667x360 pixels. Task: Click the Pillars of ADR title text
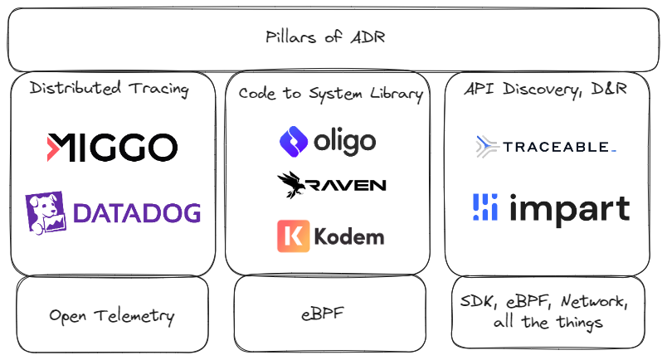325,37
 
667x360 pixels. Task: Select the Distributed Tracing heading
109,89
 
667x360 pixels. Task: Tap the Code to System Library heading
330,94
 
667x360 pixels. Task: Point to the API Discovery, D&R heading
545,90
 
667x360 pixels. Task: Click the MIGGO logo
112,148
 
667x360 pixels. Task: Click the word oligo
344,141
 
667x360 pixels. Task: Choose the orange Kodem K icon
293,236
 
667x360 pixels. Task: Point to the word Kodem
349,236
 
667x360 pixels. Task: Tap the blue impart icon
484,207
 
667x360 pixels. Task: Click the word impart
568,209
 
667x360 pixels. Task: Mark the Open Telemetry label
112,315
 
